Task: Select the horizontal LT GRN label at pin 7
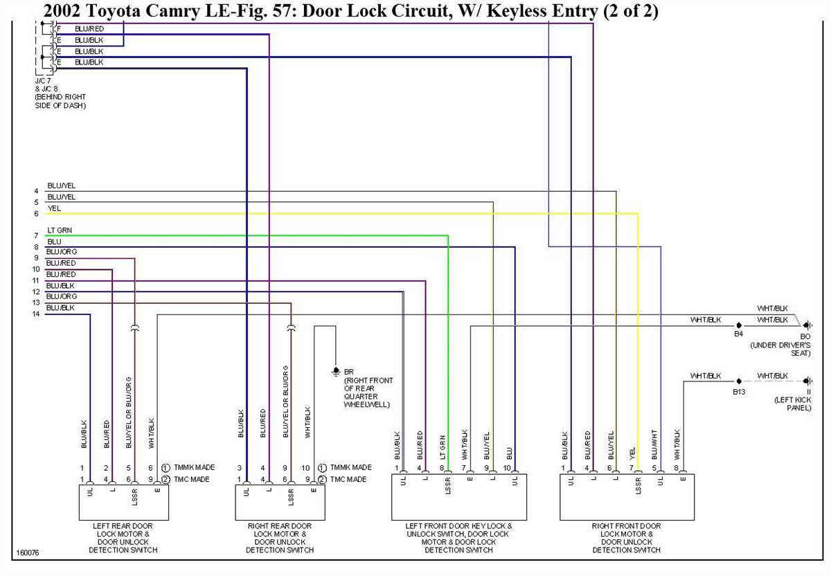pos(60,230)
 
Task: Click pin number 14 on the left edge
pos(36,314)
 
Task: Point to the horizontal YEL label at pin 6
pos(54,208)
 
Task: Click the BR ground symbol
pos(336,371)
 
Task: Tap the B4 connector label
pos(738,334)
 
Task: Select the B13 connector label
pos(739,391)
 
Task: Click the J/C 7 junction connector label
pos(44,81)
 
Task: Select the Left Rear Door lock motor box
pos(124,502)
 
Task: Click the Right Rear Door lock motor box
pos(280,502)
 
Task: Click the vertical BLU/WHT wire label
pos(654,444)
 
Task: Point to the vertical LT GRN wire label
pos(442,447)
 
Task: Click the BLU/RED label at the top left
pos(89,28)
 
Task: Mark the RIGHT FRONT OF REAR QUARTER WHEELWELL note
pos(368,393)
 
